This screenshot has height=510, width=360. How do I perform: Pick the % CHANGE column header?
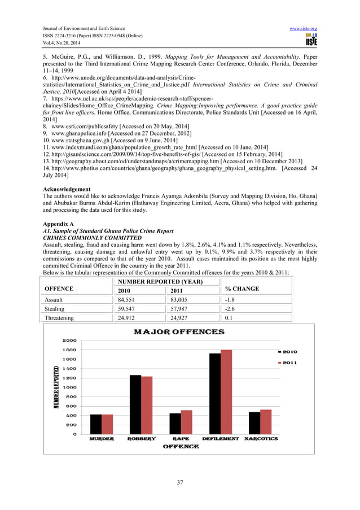pyautogui.click(x=242, y=289)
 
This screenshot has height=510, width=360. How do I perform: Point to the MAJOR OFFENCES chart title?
pyautogui.click(x=178, y=332)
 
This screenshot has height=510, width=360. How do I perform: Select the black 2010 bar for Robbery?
pyautogui.click(x=135, y=404)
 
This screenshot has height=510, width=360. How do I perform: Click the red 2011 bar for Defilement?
pyautogui.click(x=226, y=392)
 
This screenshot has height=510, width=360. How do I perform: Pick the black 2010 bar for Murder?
pyautogui.click(x=96, y=424)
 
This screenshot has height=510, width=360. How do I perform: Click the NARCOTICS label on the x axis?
pyautogui.click(x=261, y=439)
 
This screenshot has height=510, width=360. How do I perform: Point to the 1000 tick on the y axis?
pyautogui.click(x=69, y=387)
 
